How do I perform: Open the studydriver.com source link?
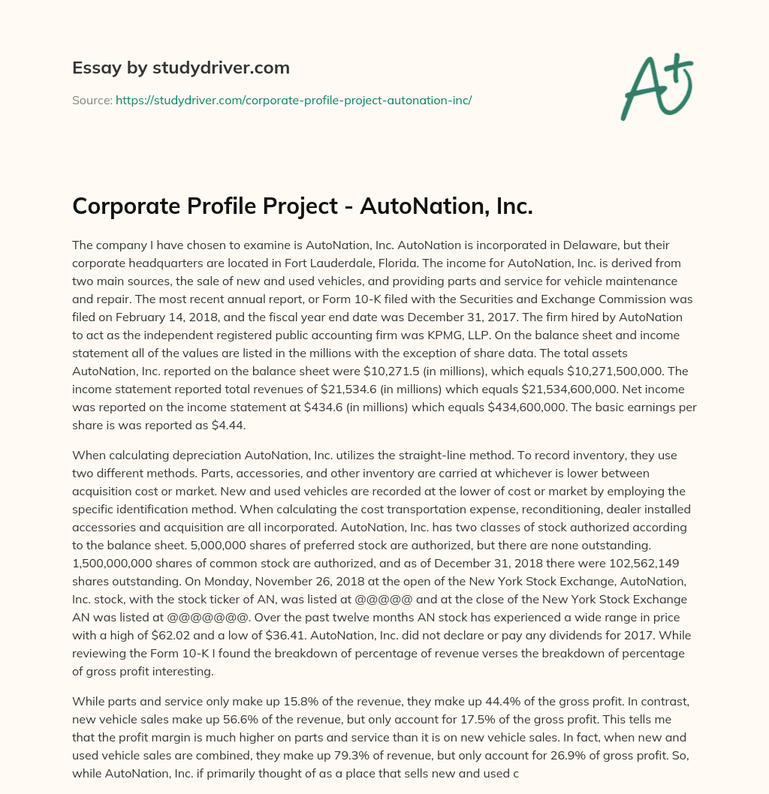click(294, 100)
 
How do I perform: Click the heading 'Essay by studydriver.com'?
click(181, 68)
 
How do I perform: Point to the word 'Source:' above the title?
click(92, 100)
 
